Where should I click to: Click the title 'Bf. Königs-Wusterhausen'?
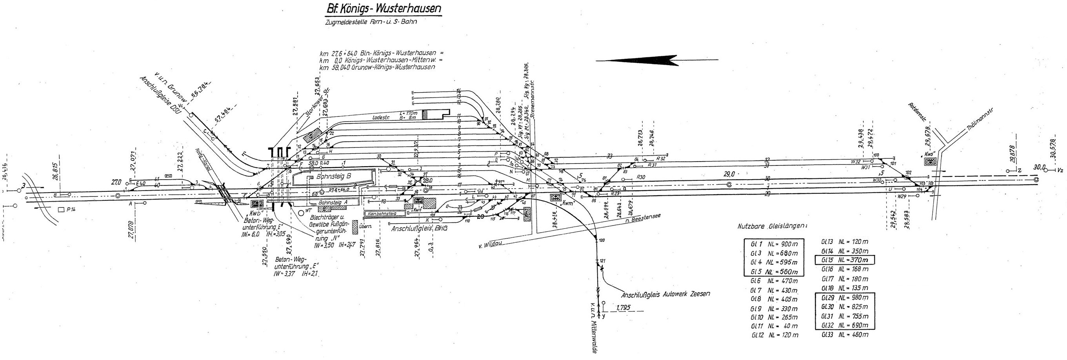click(x=382, y=9)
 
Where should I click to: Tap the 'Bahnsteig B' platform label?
click(x=333, y=176)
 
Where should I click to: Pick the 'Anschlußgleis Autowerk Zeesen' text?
click(x=665, y=294)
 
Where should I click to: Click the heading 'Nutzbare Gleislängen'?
click(x=772, y=227)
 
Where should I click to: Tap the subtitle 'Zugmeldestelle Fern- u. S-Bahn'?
click(x=370, y=22)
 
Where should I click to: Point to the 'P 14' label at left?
click(x=65, y=210)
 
